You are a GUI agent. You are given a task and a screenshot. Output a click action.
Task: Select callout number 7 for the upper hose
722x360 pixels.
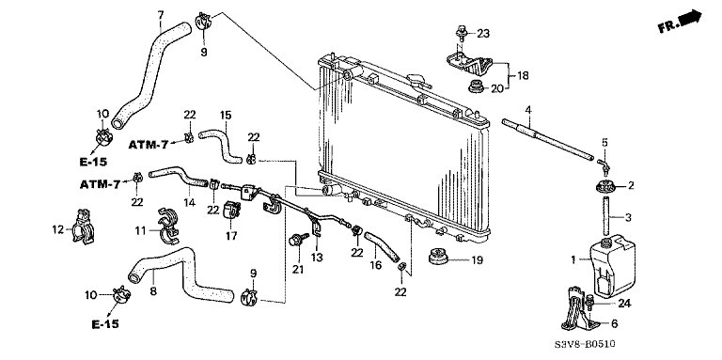click(160, 14)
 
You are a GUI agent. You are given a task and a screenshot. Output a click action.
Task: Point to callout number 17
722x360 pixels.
click(228, 237)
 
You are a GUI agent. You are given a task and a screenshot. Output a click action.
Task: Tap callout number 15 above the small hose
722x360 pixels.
click(226, 115)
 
